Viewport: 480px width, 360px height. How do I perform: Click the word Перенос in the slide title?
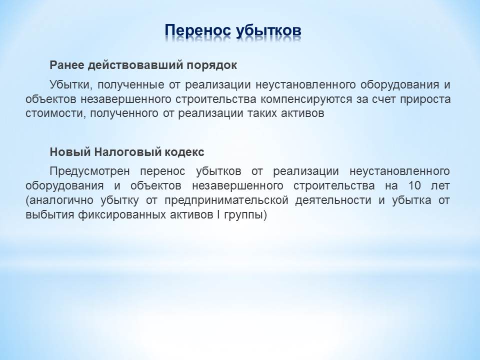197,30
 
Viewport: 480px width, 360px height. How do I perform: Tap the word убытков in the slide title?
269,30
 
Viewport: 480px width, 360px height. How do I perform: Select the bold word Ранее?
66,65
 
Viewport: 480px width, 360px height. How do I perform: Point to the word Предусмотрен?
89,171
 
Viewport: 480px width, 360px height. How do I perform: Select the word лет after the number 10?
440,186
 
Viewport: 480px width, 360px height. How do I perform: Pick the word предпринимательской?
226,200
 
